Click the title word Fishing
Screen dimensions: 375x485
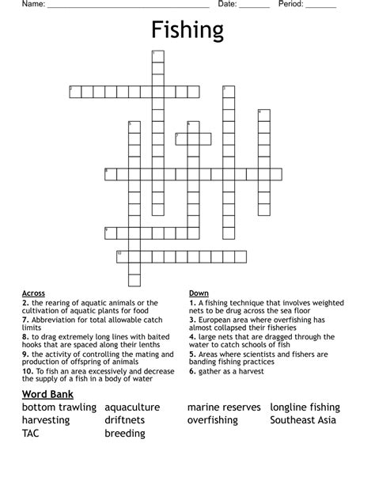click(187, 31)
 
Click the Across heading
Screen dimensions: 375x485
click(33, 294)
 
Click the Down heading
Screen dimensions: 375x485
click(199, 294)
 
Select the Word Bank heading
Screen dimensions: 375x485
click(48, 393)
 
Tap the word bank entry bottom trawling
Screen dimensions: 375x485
click(59, 407)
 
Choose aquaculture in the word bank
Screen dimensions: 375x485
click(132, 407)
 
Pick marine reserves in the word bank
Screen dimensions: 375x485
click(224, 407)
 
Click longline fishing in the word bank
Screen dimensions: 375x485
click(305, 407)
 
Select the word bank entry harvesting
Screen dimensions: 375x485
click(47, 420)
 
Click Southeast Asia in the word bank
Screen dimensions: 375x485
click(303, 420)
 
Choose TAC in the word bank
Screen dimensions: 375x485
click(31, 434)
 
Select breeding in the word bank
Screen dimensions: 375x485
click(125, 434)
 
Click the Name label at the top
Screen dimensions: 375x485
click(32, 5)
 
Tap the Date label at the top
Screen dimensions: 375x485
click(227, 5)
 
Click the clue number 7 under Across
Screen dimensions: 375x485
click(25, 320)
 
